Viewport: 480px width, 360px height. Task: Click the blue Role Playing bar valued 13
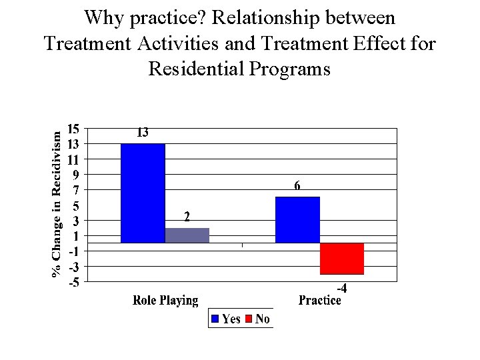point(143,193)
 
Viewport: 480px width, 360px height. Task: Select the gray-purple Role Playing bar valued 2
point(187,235)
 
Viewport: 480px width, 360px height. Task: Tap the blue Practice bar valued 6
point(297,219)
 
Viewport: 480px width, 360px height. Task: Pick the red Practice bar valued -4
point(341,259)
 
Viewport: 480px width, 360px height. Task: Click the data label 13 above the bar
point(143,133)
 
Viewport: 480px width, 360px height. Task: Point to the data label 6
point(297,187)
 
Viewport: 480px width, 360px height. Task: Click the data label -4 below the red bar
point(341,289)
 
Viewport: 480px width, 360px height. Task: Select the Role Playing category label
point(165,301)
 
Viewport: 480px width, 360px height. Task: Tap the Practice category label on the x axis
point(319,301)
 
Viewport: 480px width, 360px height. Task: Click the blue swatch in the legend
point(215,319)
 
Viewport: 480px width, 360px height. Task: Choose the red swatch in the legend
point(248,319)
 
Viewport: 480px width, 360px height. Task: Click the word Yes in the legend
point(231,319)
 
